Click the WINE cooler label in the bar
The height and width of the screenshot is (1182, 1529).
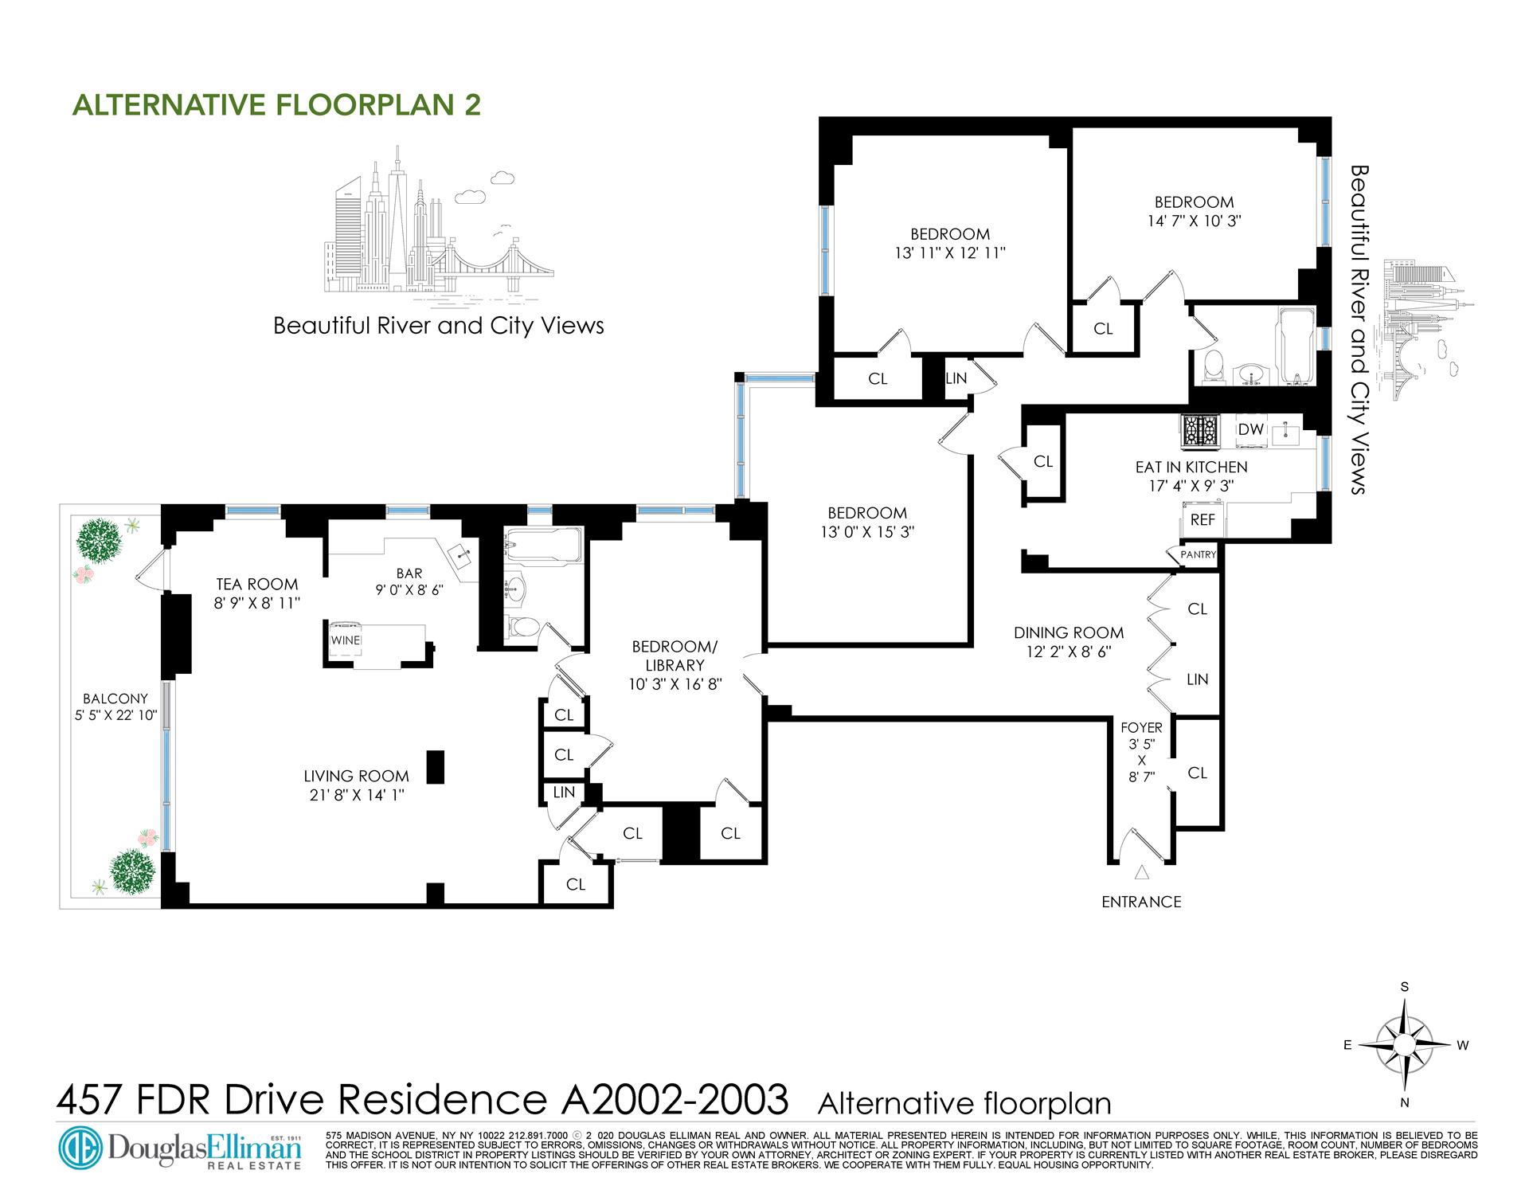[346, 640]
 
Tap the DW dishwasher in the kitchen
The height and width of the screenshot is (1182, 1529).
[1251, 429]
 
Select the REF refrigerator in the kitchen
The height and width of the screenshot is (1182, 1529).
[1202, 519]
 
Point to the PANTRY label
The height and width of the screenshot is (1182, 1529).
[1199, 554]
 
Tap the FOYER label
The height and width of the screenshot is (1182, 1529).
[1141, 727]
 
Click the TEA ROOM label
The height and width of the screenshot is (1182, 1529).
[257, 584]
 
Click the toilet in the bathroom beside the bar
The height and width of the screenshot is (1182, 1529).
[522, 627]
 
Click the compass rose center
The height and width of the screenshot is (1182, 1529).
[1406, 1045]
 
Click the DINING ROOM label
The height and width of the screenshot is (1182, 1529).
[1069, 633]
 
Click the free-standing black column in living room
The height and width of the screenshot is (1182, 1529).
[436, 767]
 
